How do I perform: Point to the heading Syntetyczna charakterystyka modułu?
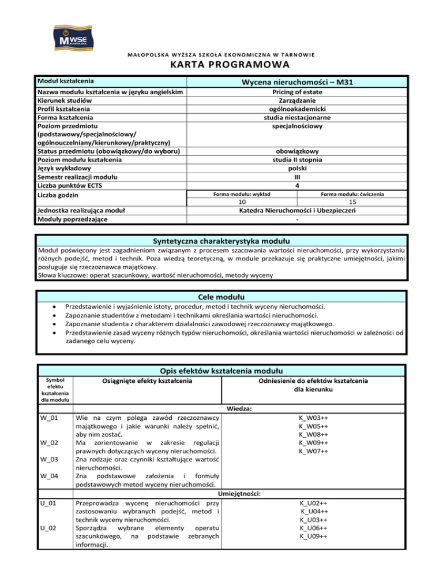(221, 240)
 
